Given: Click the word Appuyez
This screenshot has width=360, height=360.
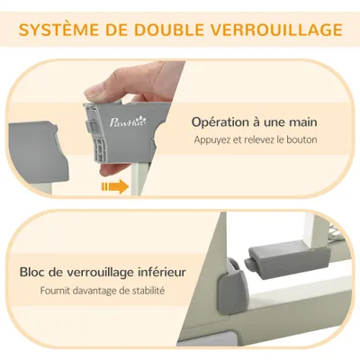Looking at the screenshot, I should click(212, 140).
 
